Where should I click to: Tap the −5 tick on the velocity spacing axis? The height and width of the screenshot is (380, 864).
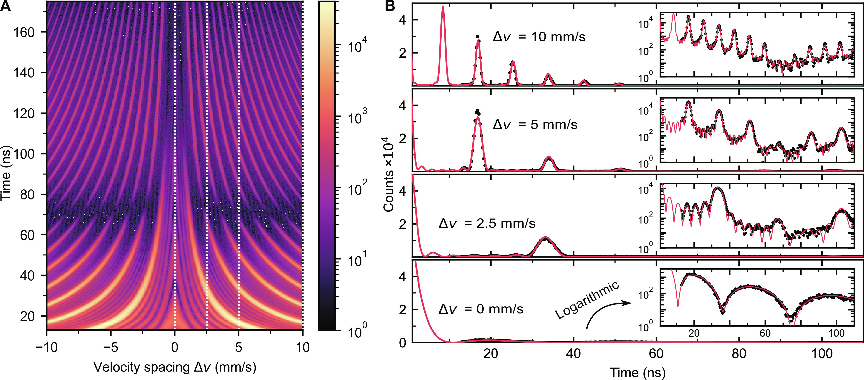pos(110,347)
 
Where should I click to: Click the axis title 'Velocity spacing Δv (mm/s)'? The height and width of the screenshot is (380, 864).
pos(175,367)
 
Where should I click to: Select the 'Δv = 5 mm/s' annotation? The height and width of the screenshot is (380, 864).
pos(535,125)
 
